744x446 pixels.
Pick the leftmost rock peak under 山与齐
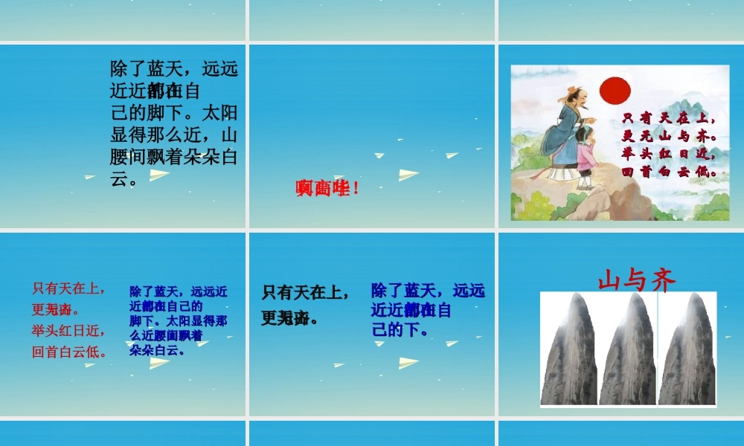(568, 349)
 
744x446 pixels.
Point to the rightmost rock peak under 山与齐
(686, 349)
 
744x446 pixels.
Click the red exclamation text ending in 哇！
(327, 189)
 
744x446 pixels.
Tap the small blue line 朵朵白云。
(157, 350)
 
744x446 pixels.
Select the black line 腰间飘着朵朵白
(174, 157)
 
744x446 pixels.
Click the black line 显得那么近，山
(174, 135)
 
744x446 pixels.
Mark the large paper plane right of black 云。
(160, 176)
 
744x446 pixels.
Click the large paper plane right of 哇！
(408, 175)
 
